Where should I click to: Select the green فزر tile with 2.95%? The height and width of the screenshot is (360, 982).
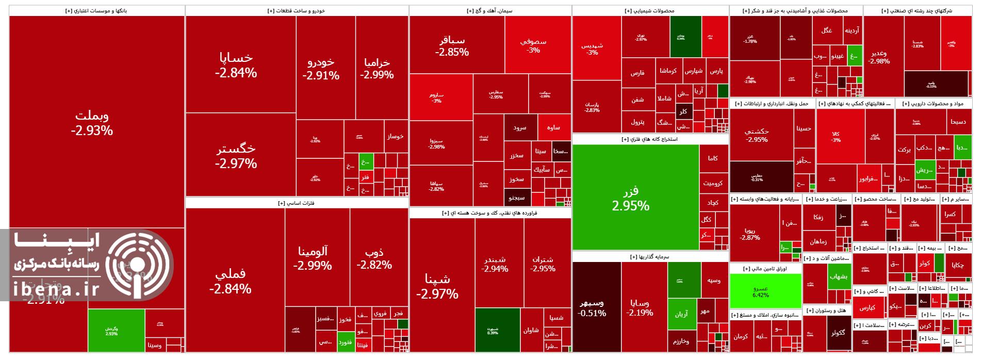pyautogui.click(x=630, y=199)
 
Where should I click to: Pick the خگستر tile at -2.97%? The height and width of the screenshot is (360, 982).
pyautogui.click(x=236, y=156)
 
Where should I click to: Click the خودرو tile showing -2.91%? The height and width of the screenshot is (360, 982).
pyautogui.click(x=321, y=69)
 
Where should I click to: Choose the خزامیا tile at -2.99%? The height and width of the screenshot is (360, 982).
pyautogui.click(x=377, y=68)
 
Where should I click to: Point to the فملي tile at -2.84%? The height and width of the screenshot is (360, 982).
pyautogui.click(x=230, y=282)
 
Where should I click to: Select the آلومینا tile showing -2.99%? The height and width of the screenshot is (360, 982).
pyautogui.click(x=313, y=258)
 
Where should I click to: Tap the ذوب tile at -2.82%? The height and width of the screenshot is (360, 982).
pyautogui.click(x=374, y=258)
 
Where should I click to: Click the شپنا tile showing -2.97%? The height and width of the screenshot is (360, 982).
pyautogui.click(x=437, y=286)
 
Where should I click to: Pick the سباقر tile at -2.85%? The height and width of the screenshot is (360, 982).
pyautogui.click(x=452, y=46)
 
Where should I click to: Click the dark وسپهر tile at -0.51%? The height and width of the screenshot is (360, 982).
pyautogui.click(x=592, y=307)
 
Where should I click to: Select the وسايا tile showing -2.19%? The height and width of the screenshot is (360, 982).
pyautogui.click(x=640, y=307)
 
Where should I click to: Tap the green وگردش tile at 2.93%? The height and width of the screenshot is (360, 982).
pyautogui.click(x=111, y=331)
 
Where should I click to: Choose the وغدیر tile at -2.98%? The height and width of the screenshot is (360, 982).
pyautogui.click(x=879, y=57)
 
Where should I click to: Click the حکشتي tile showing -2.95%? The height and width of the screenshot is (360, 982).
pyautogui.click(x=757, y=135)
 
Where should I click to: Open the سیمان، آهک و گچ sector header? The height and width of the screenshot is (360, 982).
pyautogui.click(x=490, y=10)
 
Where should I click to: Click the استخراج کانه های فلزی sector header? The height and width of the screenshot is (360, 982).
pyautogui.click(x=650, y=139)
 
